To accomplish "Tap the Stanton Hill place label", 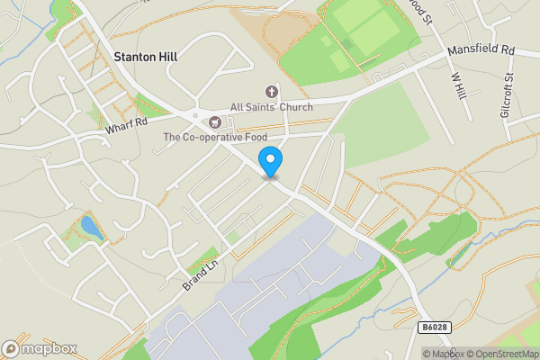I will (x=145, y=57).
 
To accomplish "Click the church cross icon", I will (x=271, y=92).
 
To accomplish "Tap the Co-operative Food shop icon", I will (x=215, y=121).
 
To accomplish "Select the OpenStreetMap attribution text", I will (x=505, y=353).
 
